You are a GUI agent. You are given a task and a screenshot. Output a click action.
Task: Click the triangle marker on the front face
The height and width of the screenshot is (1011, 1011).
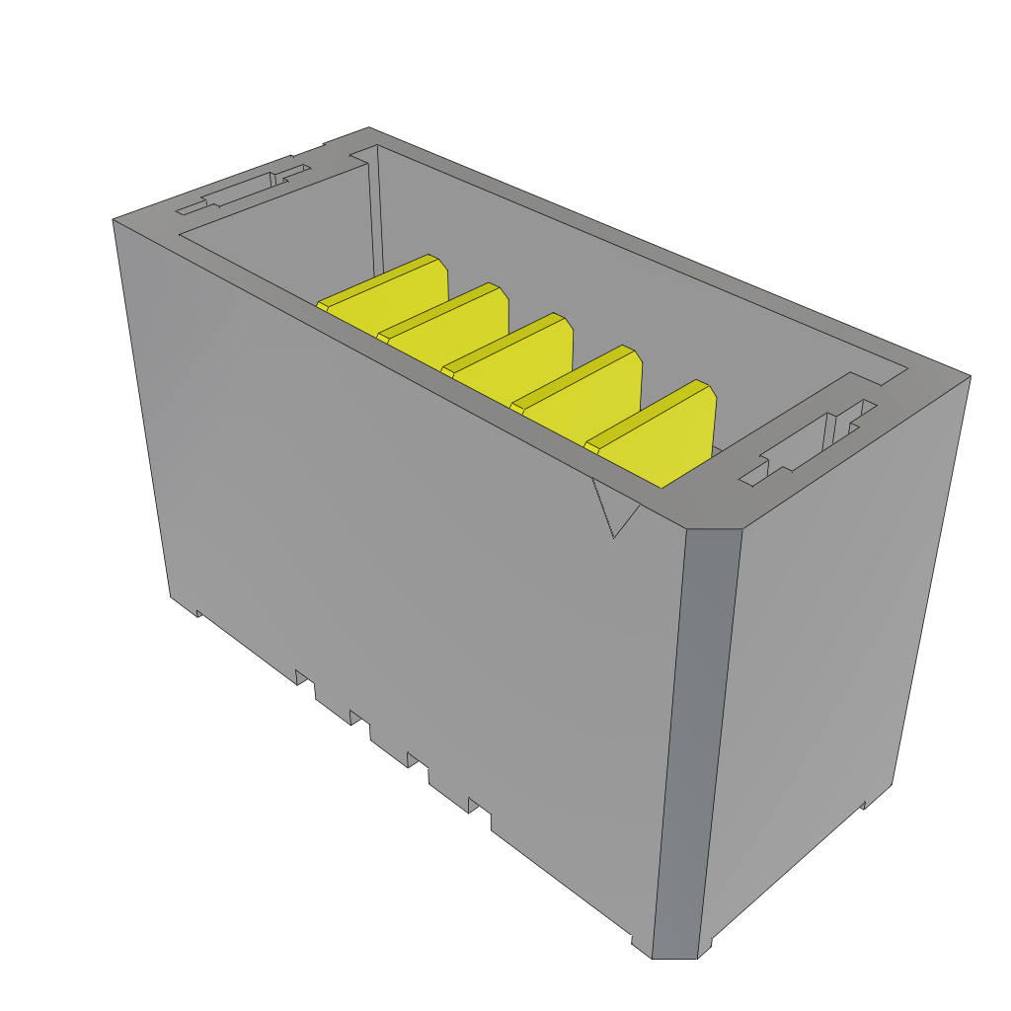tap(612, 508)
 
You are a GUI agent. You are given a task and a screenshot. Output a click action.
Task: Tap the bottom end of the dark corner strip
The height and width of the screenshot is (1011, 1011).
tap(676, 953)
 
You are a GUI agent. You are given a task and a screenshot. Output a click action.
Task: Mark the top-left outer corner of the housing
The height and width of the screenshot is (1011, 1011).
tap(114, 220)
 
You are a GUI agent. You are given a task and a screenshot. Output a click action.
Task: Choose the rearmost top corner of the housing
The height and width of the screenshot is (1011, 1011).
tap(369, 128)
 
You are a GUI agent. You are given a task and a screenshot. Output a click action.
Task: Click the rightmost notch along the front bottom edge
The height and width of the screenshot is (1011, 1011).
tap(480, 807)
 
